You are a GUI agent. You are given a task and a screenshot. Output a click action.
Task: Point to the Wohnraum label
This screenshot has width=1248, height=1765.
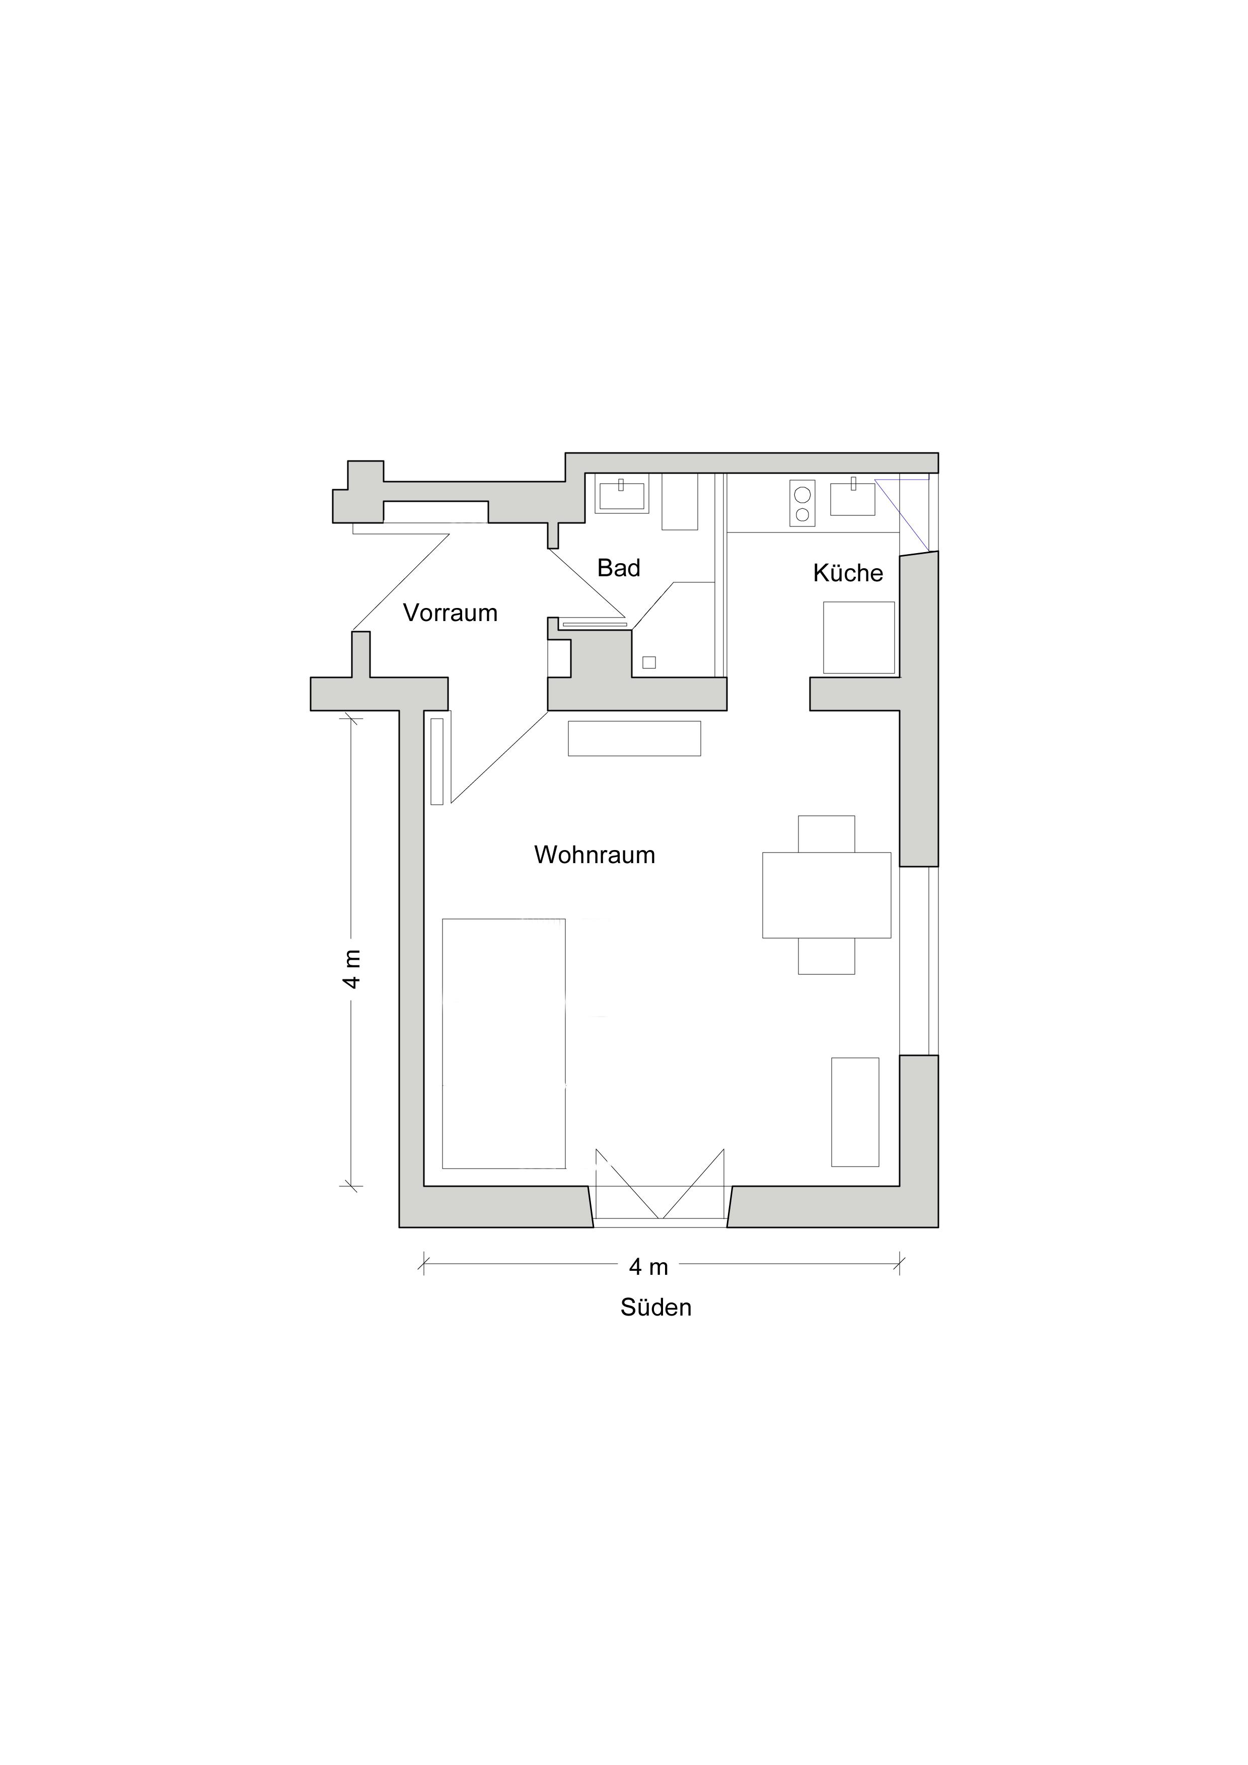tap(595, 855)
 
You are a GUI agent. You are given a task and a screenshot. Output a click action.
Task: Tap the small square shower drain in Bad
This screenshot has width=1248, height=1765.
tap(649, 663)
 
